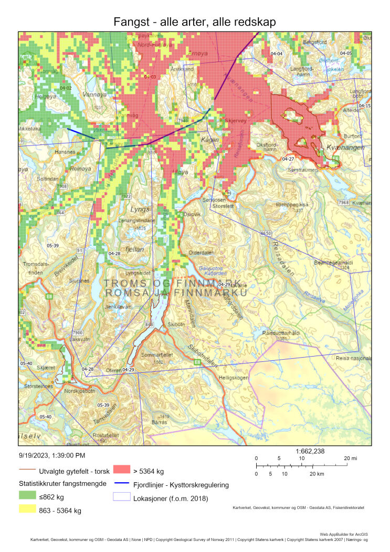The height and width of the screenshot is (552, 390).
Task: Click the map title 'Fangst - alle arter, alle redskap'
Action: click(195, 22)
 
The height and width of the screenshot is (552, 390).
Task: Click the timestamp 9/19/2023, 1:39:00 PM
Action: click(52, 456)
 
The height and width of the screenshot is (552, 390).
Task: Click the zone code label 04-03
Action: click(150, 77)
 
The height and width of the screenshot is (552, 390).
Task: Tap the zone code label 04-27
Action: click(288, 159)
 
